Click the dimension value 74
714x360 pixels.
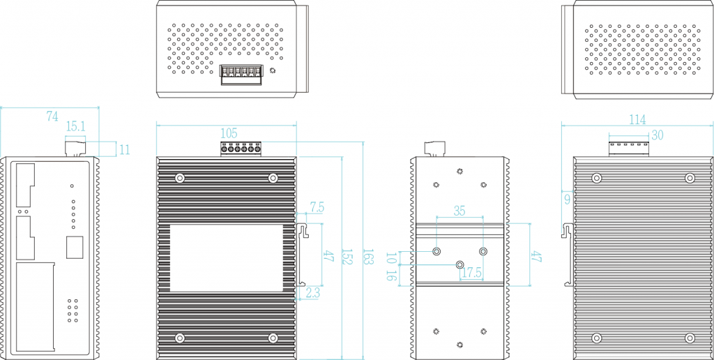(52, 117)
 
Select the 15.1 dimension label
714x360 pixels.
(75, 126)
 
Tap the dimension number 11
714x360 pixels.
(125, 149)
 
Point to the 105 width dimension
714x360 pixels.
(229, 133)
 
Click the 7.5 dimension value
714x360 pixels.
(317, 207)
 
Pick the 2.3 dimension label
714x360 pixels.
(312, 294)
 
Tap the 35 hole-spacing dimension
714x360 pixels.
(459, 210)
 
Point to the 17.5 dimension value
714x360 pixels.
(472, 273)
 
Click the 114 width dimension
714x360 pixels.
(637, 120)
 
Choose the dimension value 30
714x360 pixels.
(657, 135)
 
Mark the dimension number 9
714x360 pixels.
(567, 199)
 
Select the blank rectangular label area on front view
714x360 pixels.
(227, 257)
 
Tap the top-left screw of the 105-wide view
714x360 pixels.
(180, 178)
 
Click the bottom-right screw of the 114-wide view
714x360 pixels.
(690, 338)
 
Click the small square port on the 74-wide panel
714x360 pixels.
(74, 247)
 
